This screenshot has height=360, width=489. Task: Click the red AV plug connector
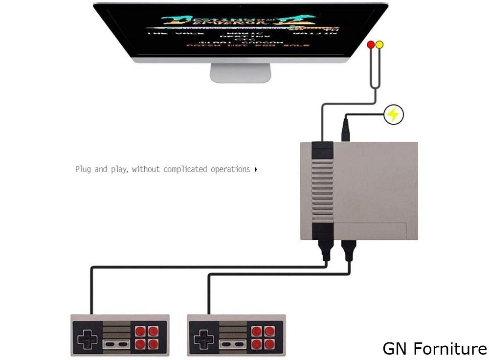click(x=371, y=45)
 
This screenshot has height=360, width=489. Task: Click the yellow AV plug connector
click(x=379, y=45)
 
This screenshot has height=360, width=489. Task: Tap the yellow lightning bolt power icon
click(x=393, y=114)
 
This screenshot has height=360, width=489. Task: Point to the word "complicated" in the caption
click(x=186, y=169)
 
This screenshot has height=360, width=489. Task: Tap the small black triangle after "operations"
click(x=256, y=170)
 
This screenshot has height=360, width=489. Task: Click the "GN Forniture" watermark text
click(x=434, y=348)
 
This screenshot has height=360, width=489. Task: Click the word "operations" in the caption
click(x=230, y=170)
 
